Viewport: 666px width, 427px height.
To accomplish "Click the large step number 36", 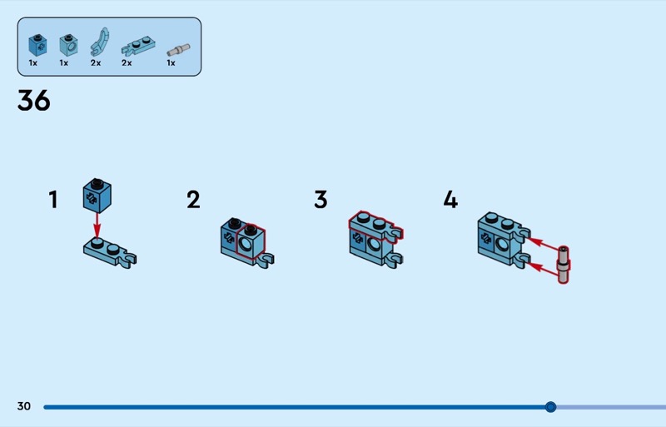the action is tap(33, 101).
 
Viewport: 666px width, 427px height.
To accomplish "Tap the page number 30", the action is tap(24, 406).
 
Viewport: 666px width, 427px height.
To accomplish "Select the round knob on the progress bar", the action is tap(550, 407).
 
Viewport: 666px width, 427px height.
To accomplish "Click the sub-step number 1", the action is tap(53, 199).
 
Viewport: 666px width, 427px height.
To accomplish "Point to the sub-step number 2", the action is tap(193, 199).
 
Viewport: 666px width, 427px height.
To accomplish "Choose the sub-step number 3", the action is tap(321, 199).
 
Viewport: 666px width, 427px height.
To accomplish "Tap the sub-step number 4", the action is tap(450, 199).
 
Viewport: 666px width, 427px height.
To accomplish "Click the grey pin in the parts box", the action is tap(178, 50).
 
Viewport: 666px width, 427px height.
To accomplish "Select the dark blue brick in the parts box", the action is tap(37, 45).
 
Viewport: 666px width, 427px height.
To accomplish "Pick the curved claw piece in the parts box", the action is tap(99, 42).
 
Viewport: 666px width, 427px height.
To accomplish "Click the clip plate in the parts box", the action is tap(138, 46).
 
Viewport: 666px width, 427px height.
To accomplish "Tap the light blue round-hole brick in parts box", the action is tap(68, 45).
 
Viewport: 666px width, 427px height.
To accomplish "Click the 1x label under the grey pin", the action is tap(171, 63).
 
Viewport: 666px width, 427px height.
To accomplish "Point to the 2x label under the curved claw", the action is tap(96, 63).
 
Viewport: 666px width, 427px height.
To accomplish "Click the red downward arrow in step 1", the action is tap(97, 226).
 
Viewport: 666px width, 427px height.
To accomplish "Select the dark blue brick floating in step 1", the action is tap(97, 196).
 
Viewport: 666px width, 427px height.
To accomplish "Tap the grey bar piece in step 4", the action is tap(564, 265).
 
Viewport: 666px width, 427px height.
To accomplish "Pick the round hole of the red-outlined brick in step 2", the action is tap(245, 244).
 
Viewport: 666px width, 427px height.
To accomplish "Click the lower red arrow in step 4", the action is tap(543, 270).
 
